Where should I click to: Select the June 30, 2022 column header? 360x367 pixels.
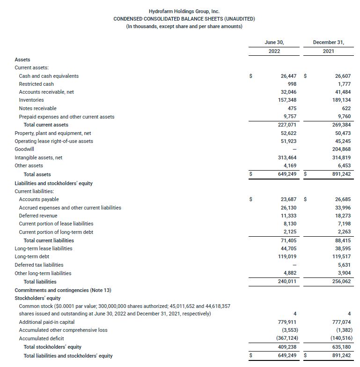pyautogui.click(x=274, y=46)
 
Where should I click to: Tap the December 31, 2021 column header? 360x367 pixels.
pyautogui.click(x=328, y=46)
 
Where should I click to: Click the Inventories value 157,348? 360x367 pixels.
pyautogui.click(x=286, y=100)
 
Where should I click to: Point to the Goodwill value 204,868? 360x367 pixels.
pyautogui.click(x=340, y=150)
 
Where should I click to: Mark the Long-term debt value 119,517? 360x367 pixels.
pyautogui.click(x=340, y=257)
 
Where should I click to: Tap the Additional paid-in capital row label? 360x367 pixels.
pyautogui.click(x=46, y=322)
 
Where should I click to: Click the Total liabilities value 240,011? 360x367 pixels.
pyautogui.click(x=286, y=282)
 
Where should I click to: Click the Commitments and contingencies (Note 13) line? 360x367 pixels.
pyautogui.click(x=63, y=290)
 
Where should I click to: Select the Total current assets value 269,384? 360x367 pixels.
pyautogui.click(x=340, y=125)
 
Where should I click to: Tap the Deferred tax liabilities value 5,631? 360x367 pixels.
pyautogui.click(x=342, y=265)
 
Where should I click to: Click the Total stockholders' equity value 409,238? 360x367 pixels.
pyautogui.click(x=286, y=347)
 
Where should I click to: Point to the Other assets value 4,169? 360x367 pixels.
pyautogui.click(x=289, y=166)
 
